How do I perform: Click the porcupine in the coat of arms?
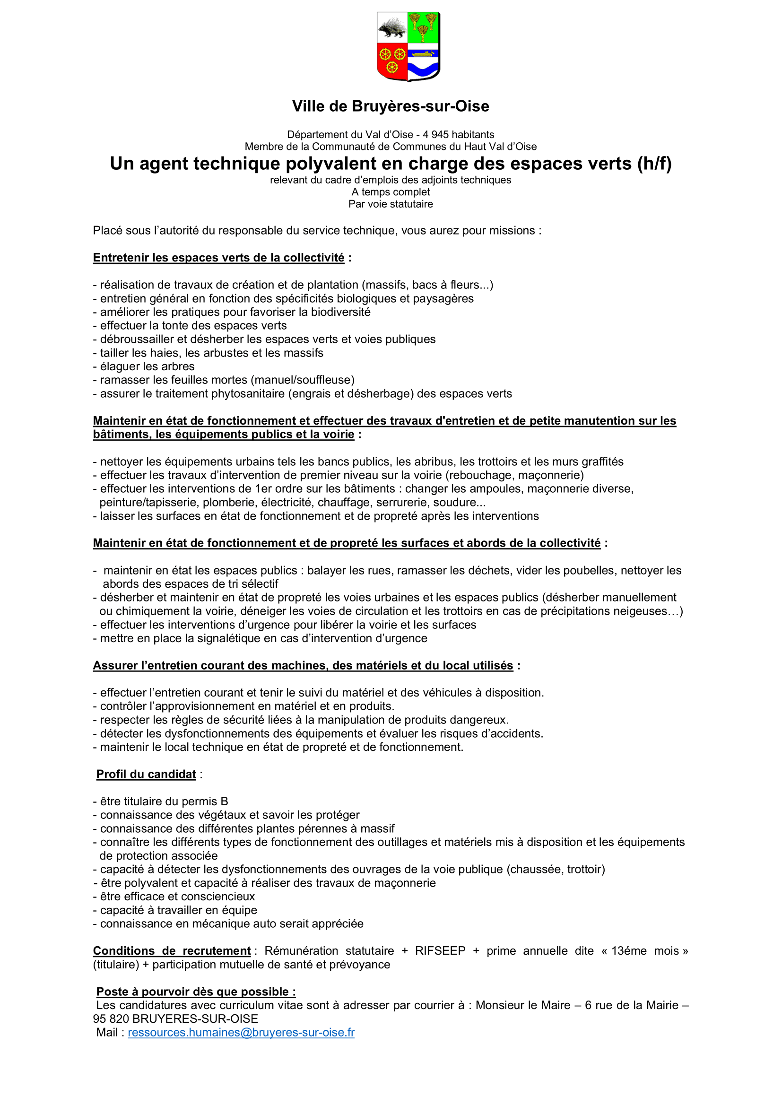tap(392, 28)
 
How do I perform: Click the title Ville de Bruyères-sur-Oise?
tap(391, 106)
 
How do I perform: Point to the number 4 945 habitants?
tap(458, 134)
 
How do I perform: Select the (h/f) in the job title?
tap(654, 164)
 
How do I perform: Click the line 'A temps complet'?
tap(391, 192)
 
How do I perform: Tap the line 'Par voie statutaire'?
tap(391, 204)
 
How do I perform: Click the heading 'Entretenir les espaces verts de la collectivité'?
tap(218, 258)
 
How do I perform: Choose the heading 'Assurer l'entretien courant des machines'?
tap(303, 665)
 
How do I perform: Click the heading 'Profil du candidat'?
tap(146, 774)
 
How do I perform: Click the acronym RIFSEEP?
tap(440, 950)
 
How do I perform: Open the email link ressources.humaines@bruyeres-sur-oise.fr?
tap(241, 1032)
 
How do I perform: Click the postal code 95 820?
tap(111, 1019)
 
